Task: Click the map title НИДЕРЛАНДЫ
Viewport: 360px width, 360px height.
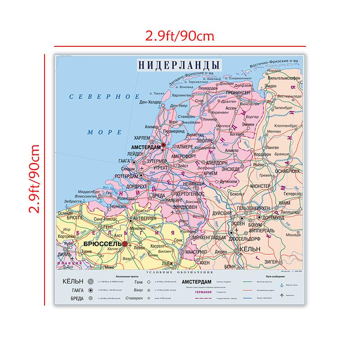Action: point(180,65)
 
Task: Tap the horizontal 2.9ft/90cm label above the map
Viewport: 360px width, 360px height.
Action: point(180,36)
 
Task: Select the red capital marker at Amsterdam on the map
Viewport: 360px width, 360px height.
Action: point(163,145)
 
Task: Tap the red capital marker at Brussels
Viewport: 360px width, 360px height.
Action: point(125,244)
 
